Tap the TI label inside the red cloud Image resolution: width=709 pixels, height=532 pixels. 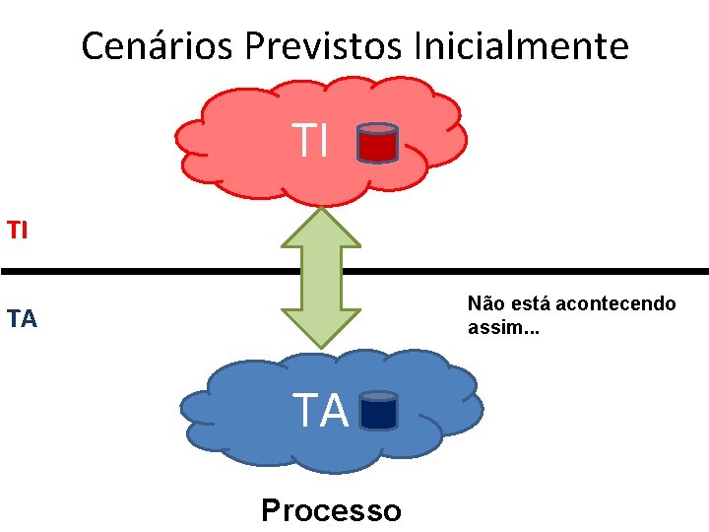(310, 142)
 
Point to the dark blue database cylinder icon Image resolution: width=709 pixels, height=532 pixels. (379, 410)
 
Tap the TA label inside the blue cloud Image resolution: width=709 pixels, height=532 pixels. (321, 411)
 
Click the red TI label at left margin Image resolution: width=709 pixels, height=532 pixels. (17, 231)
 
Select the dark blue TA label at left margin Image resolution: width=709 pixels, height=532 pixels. (22, 318)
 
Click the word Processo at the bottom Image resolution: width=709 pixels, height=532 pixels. (331, 510)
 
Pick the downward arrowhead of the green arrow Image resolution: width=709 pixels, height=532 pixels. (321, 329)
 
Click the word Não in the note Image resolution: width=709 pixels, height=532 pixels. (484, 303)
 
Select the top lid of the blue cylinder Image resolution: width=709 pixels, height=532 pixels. (379, 396)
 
